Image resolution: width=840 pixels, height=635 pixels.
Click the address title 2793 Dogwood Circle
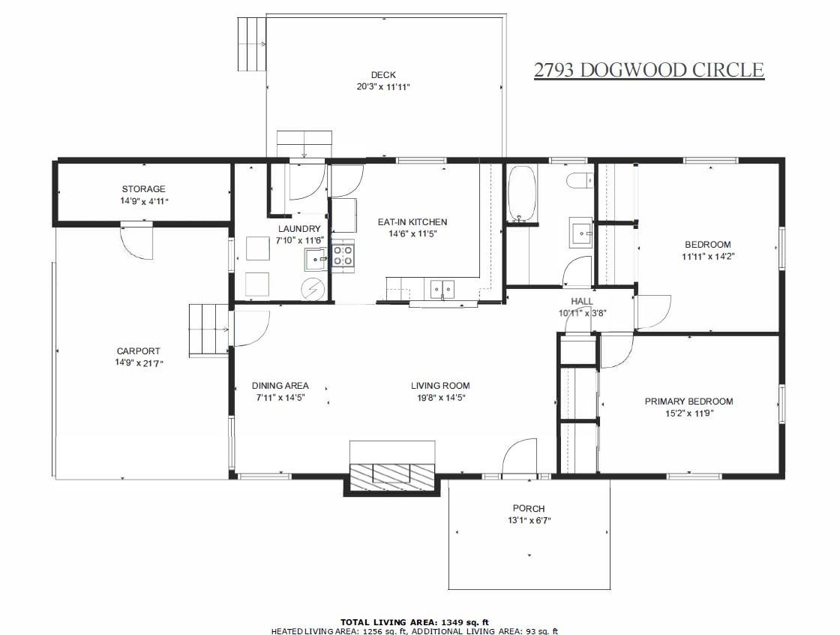pos(649,71)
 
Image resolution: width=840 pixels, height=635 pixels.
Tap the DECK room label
pos(383,74)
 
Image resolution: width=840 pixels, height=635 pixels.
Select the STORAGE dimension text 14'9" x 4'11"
pos(143,201)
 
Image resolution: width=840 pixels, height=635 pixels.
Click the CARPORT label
pos(138,351)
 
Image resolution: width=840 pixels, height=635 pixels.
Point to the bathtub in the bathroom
pos(521,194)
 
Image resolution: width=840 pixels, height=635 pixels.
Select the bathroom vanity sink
pos(581,233)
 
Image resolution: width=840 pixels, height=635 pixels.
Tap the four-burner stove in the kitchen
pos(343,255)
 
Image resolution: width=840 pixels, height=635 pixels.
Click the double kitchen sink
pos(442,288)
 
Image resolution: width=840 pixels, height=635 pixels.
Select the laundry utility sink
pos(316,259)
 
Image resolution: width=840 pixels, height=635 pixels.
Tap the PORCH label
pos(529,508)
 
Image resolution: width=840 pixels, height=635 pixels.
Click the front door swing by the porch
pos(519,459)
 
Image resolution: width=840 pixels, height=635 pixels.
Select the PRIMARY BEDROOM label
pos(688,402)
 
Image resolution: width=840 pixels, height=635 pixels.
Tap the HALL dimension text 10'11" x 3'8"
pos(582,314)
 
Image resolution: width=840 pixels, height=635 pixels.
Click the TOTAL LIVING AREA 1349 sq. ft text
pos(415,621)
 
